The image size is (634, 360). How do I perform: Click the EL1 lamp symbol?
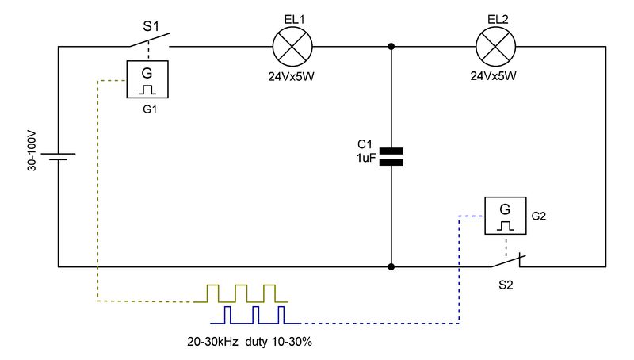tap(292, 47)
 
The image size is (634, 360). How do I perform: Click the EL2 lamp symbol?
tap(496, 47)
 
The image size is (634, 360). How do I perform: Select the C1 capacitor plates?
tap(391, 157)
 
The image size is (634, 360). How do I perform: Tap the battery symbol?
tap(58, 156)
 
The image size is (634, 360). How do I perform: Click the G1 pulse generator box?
tap(147, 79)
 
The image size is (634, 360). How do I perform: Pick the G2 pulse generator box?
tap(506, 216)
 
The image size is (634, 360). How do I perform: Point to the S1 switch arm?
tap(150, 39)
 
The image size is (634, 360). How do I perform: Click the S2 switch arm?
tap(508, 261)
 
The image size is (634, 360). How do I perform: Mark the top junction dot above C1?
tap(391, 47)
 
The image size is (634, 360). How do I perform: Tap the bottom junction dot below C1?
tap(391, 267)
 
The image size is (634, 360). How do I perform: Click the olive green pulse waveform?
tap(241, 293)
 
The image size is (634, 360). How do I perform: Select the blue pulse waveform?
tap(255, 315)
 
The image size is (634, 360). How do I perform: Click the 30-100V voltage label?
tap(32, 151)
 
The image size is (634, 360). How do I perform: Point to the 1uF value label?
tap(366, 158)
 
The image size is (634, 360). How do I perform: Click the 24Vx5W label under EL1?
tap(291, 76)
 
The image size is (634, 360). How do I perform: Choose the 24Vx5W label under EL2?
tap(493, 75)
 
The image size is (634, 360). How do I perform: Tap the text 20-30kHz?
tap(212, 342)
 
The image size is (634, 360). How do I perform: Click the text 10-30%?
tap(292, 342)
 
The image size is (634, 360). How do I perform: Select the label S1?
tap(151, 26)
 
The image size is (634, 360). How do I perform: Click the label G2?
tap(539, 216)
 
